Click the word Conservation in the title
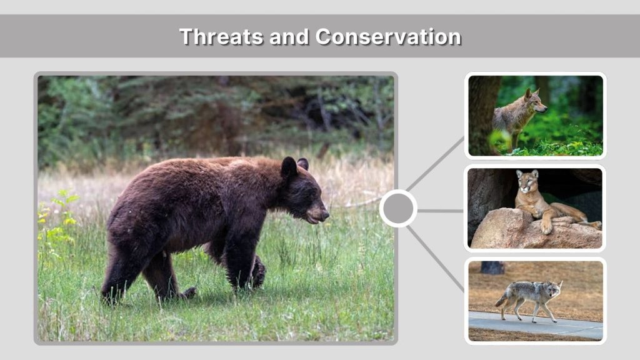click(x=388, y=36)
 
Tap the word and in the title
click(x=290, y=36)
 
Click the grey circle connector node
click(x=398, y=209)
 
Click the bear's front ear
click(x=289, y=167)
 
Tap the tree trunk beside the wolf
click(x=482, y=112)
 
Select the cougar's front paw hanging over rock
click(x=546, y=227)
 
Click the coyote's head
click(x=552, y=288)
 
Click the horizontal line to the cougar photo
click(x=440, y=211)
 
